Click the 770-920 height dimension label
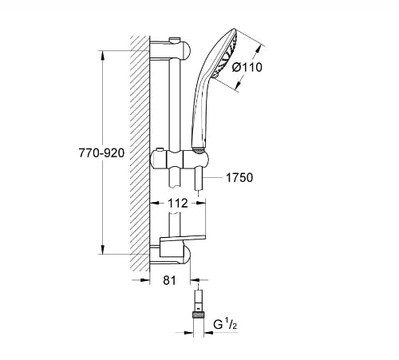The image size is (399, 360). (x=101, y=153)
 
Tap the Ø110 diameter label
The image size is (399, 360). (x=247, y=67)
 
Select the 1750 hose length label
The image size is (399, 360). (x=239, y=177)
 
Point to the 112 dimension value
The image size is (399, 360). (x=178, y=204)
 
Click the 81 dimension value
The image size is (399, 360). (x=169, y=280)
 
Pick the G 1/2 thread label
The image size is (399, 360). (x=225, y=325)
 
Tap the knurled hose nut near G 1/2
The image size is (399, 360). (x=198, y=315)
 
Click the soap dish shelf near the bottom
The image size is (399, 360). (x=183, y=239)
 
